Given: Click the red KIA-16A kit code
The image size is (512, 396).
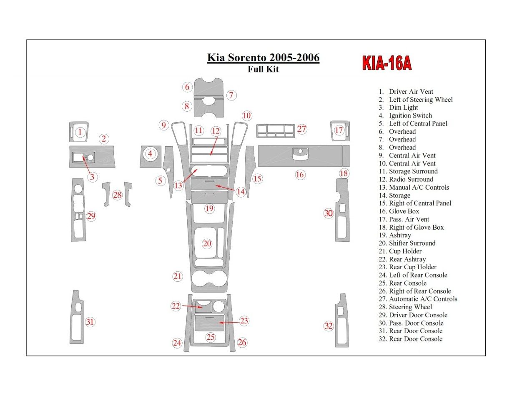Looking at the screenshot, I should (387, 63).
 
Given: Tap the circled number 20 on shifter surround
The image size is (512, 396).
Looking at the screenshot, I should (207, 244).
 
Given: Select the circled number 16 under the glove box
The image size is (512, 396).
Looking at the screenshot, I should (300, 175).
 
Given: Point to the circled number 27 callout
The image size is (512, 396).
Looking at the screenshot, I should (301, 129).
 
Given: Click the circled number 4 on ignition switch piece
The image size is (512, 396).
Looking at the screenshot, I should (150, 154).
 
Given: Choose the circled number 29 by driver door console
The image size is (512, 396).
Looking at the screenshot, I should (91, 216).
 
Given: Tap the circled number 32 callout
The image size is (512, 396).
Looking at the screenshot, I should (329, 326).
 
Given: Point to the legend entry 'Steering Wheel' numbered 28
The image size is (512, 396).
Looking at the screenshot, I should (410, 307).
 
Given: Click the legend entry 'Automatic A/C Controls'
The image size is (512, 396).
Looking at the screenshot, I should (423, 299).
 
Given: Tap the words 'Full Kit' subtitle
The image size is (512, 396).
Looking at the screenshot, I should (263, 69).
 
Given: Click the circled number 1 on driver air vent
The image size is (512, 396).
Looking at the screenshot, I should (80, 133).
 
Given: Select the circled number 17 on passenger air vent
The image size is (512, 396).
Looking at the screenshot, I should (339, 130).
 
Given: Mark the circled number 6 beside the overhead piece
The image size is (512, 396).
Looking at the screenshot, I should (187, 87).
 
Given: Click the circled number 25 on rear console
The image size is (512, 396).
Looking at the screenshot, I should (211, 337).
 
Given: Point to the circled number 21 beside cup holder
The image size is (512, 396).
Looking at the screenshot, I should (178, 276).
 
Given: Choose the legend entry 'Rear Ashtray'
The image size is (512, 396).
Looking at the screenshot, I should (407, 259).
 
